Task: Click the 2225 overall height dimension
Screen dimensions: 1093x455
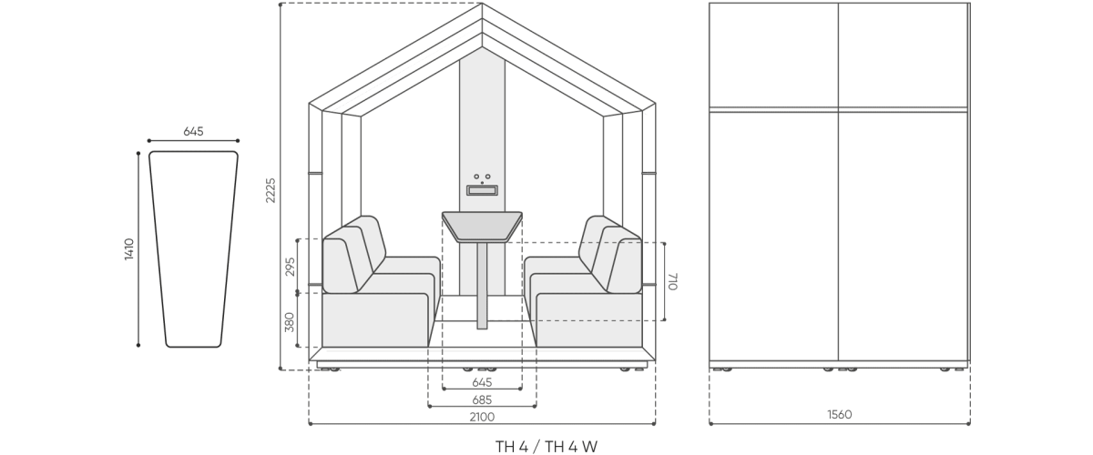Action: coord(271,190)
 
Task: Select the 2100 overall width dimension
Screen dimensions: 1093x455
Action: coord(482,417)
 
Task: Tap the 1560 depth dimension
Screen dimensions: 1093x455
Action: coord(839,415)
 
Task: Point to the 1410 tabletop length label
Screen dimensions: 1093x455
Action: coord(129,249)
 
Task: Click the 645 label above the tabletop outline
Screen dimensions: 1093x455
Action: coord(193,131)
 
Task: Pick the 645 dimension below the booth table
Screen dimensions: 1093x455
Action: coord(482,382)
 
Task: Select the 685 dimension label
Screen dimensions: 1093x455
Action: coord(482,399)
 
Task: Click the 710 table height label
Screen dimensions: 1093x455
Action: coord(673,281)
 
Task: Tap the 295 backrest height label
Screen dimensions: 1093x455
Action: coord(291,267)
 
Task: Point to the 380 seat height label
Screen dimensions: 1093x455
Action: coord(290,322)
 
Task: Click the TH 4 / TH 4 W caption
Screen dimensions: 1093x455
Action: coord(546,447)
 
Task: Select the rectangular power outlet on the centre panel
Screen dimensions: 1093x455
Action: coord(482,189)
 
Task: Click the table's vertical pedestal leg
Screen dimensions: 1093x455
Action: coord(482,286)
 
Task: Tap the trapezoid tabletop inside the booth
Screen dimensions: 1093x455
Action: coord(482,227)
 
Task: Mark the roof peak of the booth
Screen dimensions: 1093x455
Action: coord(482,4)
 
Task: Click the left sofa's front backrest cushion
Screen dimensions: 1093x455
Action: coord(341,267)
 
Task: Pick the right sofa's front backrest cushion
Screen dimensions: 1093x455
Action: coord(624,267)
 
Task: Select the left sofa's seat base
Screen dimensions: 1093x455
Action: coord(374,320)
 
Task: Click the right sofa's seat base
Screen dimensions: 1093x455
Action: coord(589,320)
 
